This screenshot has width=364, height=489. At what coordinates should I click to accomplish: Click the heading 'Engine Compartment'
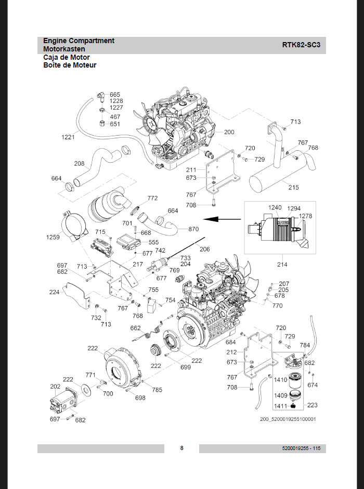click(x=79, y=41)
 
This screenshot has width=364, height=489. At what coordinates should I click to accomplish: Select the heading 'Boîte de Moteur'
click(x=70, y=65)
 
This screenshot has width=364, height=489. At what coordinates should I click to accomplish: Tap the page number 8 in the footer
click(x=181, y=448)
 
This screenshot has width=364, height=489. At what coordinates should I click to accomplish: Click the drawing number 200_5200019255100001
click(x=288, y=419)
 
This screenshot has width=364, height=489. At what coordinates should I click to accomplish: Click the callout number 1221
click(x=68, y=137)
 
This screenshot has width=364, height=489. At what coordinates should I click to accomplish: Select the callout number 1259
click(x=53, y=237)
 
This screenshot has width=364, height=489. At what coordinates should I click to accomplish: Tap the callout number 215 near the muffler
click(x=294, y=187)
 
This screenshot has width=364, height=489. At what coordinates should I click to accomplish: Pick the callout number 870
click(x=193, y=229)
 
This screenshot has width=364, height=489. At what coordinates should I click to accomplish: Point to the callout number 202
click(x=55, y=387)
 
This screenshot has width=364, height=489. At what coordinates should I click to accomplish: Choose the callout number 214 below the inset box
click(x=281, y=265)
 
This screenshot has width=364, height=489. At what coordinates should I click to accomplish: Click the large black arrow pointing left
click(x=216, y=220)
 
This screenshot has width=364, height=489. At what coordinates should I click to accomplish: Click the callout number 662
click(x=135, y=328)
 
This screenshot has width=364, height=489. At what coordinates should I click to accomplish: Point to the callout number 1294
click(x=294, y=208)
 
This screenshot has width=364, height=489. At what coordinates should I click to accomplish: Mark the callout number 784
click(x=305, y=345)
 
